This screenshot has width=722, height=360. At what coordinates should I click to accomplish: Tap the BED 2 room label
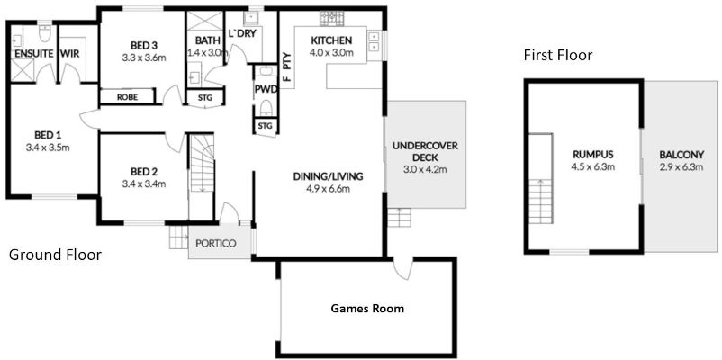[x=144, y=172]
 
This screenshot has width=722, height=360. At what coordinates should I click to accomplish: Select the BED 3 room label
[x=144, y=47]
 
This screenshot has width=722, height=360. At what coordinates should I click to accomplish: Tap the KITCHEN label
[x=332, y=40]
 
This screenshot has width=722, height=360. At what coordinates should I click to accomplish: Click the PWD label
[x=266, y=90]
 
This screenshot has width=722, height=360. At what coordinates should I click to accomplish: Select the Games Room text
[x=367, y=309]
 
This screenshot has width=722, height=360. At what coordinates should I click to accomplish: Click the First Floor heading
[x=558, y=56]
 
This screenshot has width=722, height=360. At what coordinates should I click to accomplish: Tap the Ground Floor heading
[x=54, y=256]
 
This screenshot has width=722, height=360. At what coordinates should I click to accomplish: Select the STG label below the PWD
[x=265, y=127]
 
